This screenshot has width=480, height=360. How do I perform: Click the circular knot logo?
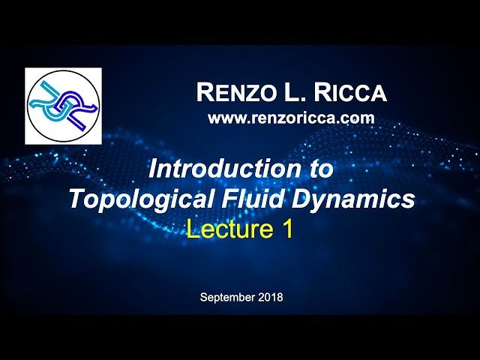[x=64, y=106]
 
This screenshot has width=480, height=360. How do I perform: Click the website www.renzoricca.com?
[x=291, y=118]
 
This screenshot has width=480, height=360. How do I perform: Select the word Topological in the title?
[x=129, y=199]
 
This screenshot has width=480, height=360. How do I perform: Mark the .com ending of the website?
[x=358, y=118]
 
